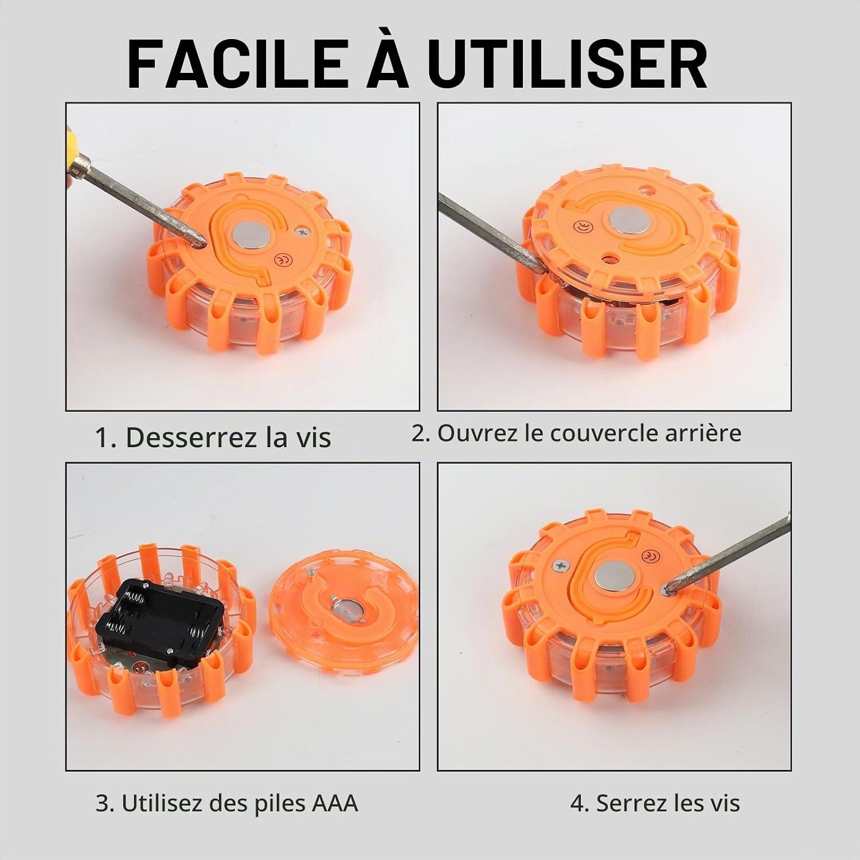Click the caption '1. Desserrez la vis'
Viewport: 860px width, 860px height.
pyautogui.click(x=213, y=437)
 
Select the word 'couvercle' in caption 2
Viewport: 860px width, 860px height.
pyautogui.click(x=604, y=433)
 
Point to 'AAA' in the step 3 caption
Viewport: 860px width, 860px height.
pyautogui.click(x=335, y=803)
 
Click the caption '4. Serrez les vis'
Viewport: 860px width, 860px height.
pyautogui.click(x=655, y=803)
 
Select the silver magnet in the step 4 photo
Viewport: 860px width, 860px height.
pyautogui.click(x=609, y=577)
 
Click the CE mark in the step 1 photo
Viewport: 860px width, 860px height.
pyautogui.click(x=283, y=259)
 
